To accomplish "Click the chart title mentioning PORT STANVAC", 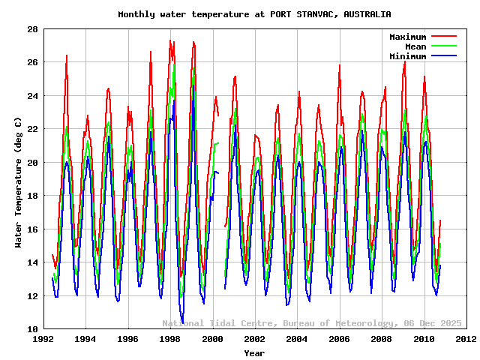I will (x=254, y=14).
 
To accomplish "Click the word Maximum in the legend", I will (x=407, y=37).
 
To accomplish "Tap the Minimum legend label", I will (x=407, y=56).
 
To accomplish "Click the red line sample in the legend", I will (x=443, y=37).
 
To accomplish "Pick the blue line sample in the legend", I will (x=443, y=56).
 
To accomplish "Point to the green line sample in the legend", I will (x=443, y=46).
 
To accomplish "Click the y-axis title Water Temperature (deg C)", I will (x=18, y=179).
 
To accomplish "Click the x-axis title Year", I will (x=254, y=353).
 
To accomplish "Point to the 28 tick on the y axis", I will (x=33, y=29).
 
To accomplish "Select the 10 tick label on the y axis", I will (x=33, y=329).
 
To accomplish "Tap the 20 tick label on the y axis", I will (x=33, y=163).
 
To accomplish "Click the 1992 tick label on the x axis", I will (x=43, y=339).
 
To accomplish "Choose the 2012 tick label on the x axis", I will (x=466, y=339).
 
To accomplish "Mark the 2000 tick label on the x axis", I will (x=212, y=339).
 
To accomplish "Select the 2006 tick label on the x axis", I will (x=339, y=339).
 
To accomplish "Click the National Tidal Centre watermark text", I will (x=312, y=323).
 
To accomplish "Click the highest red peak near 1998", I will (x=171, y=40).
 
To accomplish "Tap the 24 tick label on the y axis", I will (x=33, y=96).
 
